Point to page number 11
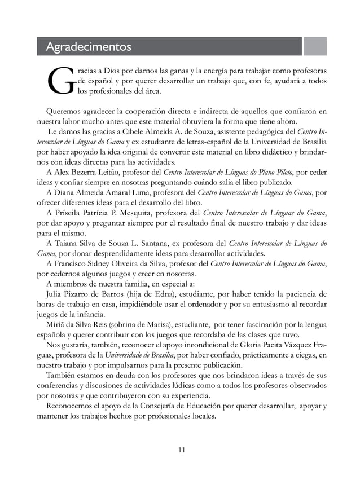[x=181, y=449]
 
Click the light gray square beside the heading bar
[x=315, y=46]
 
